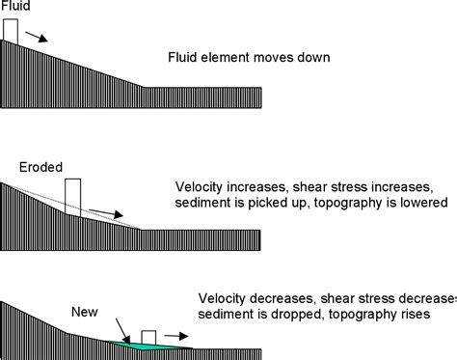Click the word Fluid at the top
coord(14,7)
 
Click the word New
coord(83,312)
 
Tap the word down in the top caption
coord(314,58)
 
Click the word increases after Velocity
coord(255,186)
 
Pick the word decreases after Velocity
coord(280,298)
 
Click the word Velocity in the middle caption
coord(199,186)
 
